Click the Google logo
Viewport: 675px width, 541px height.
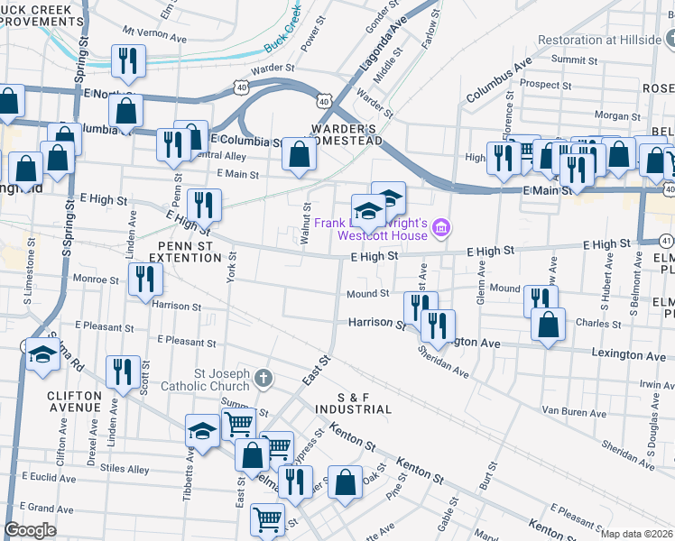(x=31, y=530)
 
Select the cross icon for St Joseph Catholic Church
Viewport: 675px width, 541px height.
(x=262, y=376)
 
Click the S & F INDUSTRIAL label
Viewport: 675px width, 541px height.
(x=352, y=403)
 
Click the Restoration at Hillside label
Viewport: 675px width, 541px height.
(x=599, y=40)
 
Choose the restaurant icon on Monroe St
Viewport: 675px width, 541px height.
(x=143, y=280)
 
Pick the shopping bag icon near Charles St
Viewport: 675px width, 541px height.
(x=548, y=326)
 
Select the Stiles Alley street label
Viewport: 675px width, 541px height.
(x=125, y=469)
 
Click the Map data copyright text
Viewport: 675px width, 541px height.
(x=637, y=534)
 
